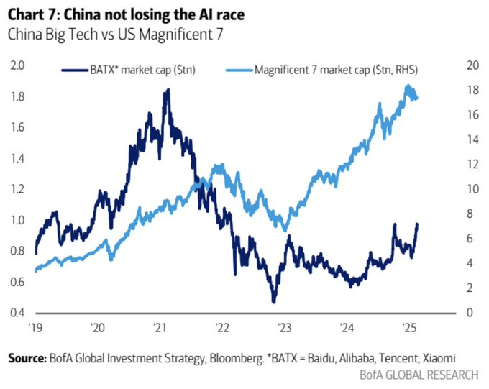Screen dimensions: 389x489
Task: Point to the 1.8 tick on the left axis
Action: coord(17,96)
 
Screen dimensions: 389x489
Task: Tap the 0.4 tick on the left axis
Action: coord(17,313)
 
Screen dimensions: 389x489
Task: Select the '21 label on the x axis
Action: coord(160,328)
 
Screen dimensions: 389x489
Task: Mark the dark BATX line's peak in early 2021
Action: coord(168,90)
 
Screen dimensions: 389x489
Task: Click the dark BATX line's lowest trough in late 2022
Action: coord(274,301)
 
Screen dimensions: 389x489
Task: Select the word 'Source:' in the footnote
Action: coord(25,357)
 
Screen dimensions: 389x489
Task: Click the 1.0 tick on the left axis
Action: coord(17,220)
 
